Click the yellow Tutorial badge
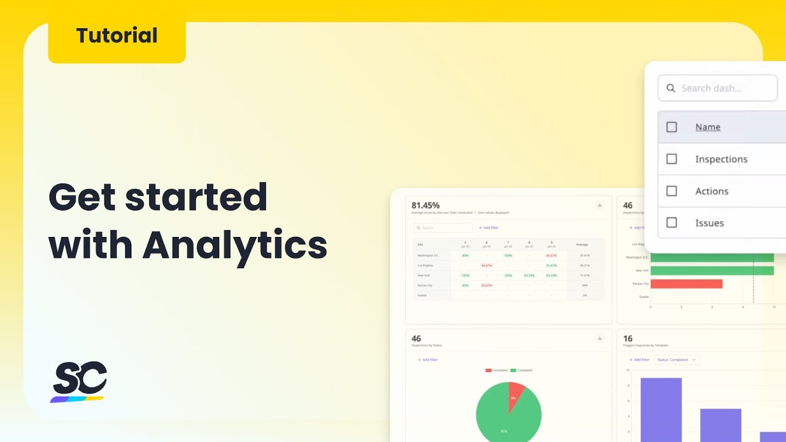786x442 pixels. coord(117,36)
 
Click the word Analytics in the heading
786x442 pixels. coord(235,245)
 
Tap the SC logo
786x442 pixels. coord(79,381)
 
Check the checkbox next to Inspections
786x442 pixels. coord(672,159)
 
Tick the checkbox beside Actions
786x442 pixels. coord(672,191)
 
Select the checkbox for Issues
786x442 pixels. coord(672,223)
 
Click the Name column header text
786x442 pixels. coord(707,127)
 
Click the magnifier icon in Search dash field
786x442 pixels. coord(671,88)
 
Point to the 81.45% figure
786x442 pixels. coord(426,205)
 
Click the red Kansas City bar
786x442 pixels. coord(686,284)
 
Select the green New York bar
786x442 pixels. coord(712,271)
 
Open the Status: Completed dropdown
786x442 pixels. coord(676,360)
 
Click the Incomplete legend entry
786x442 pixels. coord(497,370)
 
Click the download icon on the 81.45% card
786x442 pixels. coord(600,205)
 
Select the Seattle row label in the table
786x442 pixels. coord(421,295)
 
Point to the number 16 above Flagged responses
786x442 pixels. coord(628,338)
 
